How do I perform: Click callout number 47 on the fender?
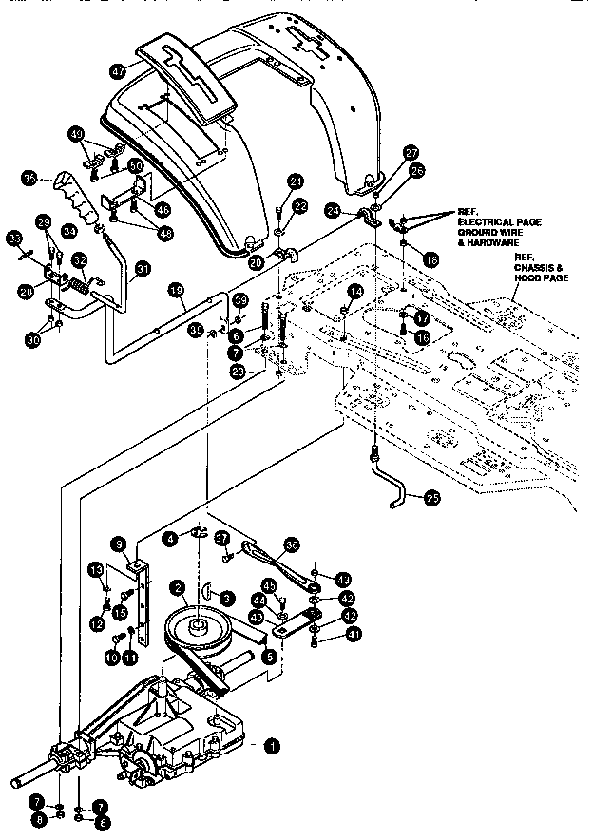[x=118, y=70]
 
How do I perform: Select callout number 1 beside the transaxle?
[x=273, y=748]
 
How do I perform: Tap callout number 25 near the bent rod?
[x=431, y=497]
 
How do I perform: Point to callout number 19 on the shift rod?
[x=175, y=290]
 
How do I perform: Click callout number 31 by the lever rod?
[x=142, y=269]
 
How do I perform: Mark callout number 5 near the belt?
[x=270, y=655]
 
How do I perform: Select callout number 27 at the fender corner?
[x=411, y=153]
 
